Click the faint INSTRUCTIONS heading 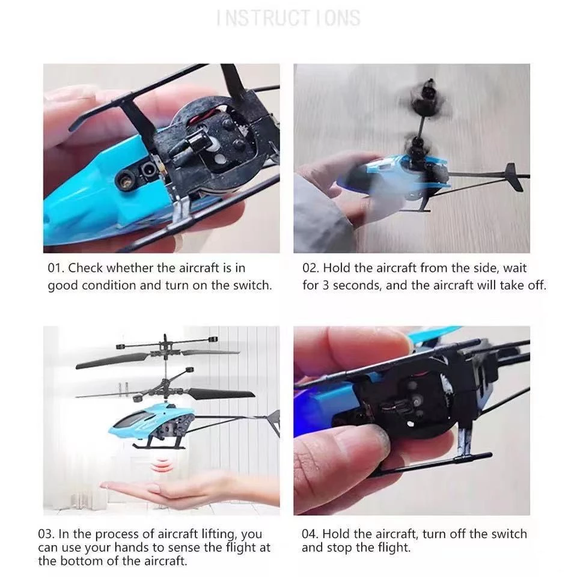288,18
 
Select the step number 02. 311,268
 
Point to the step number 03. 46,534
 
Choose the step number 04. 310,534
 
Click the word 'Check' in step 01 85,268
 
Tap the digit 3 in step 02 326,285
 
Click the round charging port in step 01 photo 148,170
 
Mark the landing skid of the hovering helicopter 159,447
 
